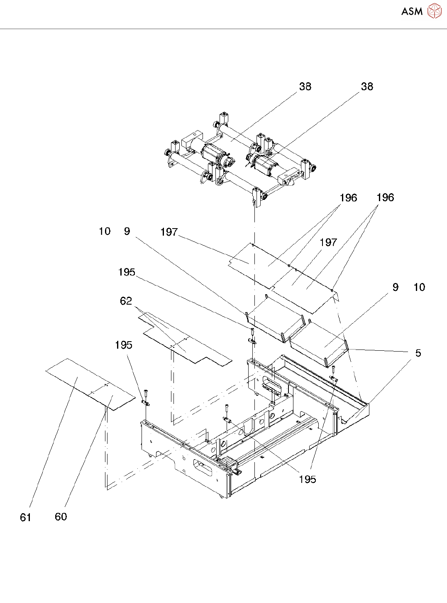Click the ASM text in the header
[x=412, y=11]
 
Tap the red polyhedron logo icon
[x=434, y=11]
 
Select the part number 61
[x=26, y=517]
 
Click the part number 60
[x=61, y=517]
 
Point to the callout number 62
[x=126, y=301]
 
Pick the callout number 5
[x=418, y=353]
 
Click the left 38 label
[x=305, y=86]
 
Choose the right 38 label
[x=367, y=86]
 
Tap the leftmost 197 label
[x=169, y=232]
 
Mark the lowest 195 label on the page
[x=308, y=479]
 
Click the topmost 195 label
[x=127, y=272]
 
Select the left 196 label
[x=349, y=198]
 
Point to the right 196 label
[x=385, y=197]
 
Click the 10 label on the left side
[x=105, y=231]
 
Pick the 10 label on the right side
[x=419, y=287]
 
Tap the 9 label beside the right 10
[x=396, y=287]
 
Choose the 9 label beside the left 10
[x=127, y=231]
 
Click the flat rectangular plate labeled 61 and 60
[x=90, y=384]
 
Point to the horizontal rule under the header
[x=223, y=29]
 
